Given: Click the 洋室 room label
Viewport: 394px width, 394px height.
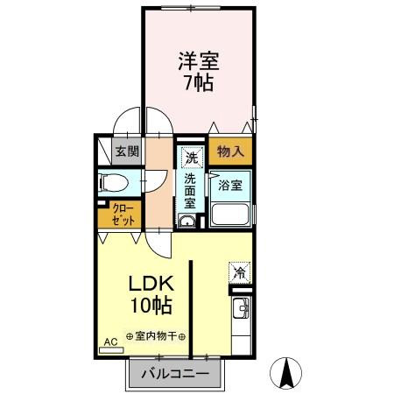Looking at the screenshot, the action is click(199, 60).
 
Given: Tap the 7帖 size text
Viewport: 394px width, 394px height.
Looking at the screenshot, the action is click(199, 82).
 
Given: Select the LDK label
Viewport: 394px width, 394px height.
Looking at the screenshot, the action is click(151, 284).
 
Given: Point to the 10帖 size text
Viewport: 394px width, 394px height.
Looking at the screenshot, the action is click(151, 306).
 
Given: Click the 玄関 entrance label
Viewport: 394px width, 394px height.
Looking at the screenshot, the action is click(127, 151).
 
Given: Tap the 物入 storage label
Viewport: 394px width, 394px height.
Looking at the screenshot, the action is click(230, 151).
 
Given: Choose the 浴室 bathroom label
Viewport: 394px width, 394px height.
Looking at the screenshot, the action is click(230, 186).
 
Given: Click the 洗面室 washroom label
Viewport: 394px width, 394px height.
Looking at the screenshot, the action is click(190, 191).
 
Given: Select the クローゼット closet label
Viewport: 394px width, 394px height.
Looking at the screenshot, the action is click(123, 215).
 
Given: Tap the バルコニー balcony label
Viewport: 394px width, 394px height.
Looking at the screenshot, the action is click(175, 374).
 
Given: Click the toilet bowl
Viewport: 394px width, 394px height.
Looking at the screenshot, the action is click(113, 183).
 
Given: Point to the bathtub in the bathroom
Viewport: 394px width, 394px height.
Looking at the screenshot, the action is click(230, 215).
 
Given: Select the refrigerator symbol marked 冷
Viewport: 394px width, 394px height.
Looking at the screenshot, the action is click(240, 273).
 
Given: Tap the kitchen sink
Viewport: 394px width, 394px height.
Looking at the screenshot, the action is click(241, 308).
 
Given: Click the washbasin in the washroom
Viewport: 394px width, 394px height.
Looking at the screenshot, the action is click(186, 221).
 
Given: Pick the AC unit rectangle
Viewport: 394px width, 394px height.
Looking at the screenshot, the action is click(111, 350).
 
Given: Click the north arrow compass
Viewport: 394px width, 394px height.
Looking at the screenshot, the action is click(285, 373).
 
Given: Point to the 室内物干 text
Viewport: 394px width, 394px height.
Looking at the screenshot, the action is click(156, 336).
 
